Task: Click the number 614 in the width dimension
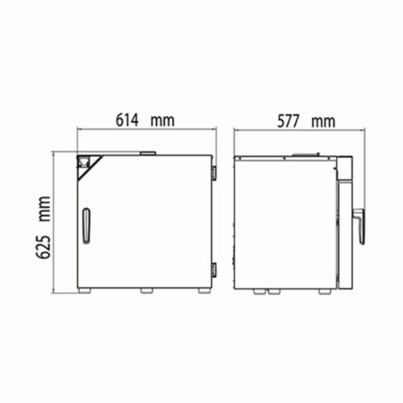(128, 121)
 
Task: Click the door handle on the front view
(86, 225)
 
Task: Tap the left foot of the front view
(85, 290)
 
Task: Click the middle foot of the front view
(146, 290)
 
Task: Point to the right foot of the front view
(203, 290)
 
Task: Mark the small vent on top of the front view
(146, 153)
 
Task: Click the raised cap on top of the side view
(306, 153)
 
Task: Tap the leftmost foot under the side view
(257, 291)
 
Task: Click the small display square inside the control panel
(81, 162)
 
